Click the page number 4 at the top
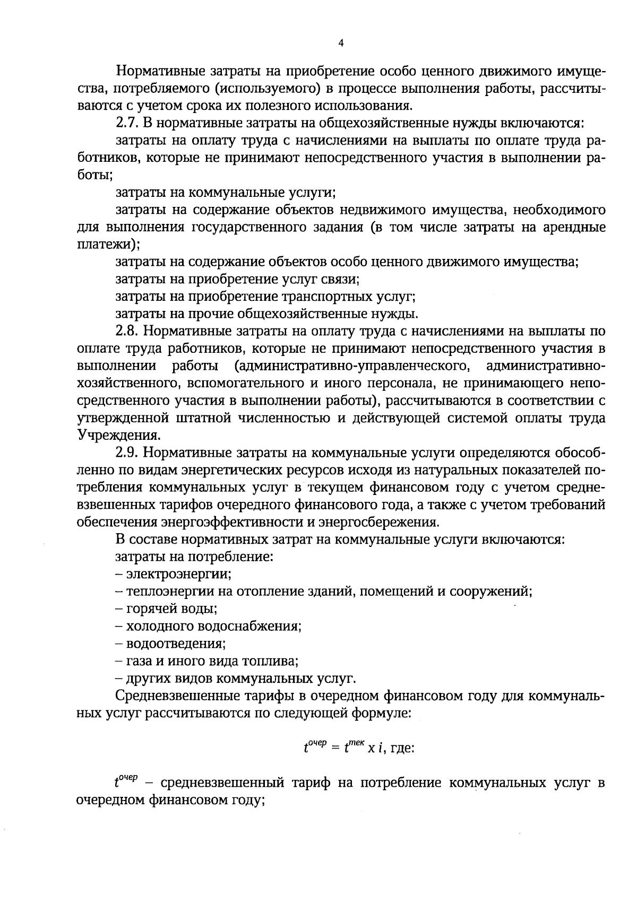(x=341, y=44)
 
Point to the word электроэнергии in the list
(x=178, y=574)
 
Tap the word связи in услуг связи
(x=342, y=279)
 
